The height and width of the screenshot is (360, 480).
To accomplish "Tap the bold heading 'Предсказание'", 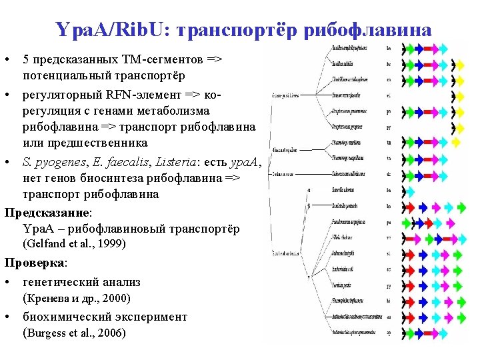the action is (47, 213).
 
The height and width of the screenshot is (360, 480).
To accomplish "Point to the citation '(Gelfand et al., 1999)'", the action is (74, 244).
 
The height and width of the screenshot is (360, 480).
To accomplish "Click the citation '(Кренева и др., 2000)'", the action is (77, 298).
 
